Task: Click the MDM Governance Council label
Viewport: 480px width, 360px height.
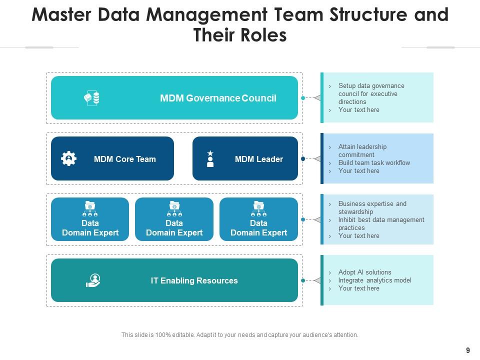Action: pyautogui.click(x=218, y=98)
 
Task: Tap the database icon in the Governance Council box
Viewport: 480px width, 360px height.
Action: pyautogui.click(x=91, y=98)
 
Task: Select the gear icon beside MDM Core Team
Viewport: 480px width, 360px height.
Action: pyautogui.click(x=68, y=159)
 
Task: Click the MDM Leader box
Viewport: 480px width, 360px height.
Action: pyautogui.click(x=245, y=158)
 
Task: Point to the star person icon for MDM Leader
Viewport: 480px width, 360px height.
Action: pyautogui.click(x=210, y=159)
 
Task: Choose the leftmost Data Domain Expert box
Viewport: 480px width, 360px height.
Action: pyautogui.click(x=90, y=219)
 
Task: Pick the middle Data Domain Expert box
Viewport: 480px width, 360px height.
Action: pyautogui.click(x=174, y=219)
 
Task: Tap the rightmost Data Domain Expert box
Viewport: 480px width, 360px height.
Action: pyautogui.click(x=258, y=219)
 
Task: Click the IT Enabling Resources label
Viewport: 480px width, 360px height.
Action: pyautogui.click(x=194, y=280)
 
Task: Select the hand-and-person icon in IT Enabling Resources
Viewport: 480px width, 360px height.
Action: pyautogui.click(x=93, y=280)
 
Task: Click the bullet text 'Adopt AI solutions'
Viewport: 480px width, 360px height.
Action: pyautogui.click(x=364, y=272)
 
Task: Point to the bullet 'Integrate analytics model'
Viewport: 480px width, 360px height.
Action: pyautogui.click(x=374, y=280)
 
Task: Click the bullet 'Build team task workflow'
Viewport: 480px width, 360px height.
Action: pyautogui.click(x=374, y=163)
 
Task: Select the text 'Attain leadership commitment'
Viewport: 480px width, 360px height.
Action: pyautogui.click(x=362, y=150)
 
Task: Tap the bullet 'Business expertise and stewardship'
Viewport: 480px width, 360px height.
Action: pyautogui.click(x=372, y=207)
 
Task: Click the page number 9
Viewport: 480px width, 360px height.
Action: pyautogui.click(x=467, y=350)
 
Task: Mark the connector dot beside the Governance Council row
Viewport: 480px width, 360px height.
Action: pyautogui.click(x=303, y=98)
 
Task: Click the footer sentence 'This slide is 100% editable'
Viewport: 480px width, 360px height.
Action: pyautogui.click(x=239, y=335)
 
